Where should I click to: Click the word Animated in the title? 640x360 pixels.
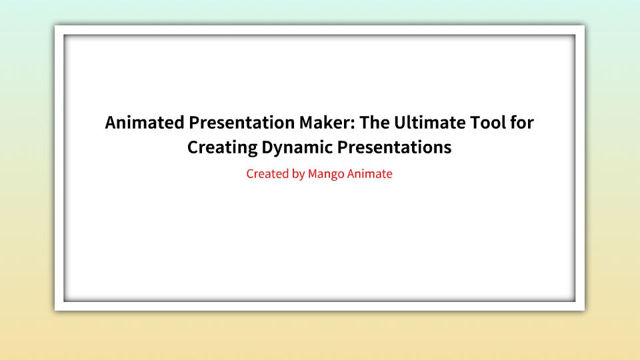tap(145, 123)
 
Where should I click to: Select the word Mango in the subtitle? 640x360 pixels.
tap(327, 175)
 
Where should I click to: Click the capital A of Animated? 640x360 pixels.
tap(111, 123)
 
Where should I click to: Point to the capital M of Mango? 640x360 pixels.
tap(313, 174)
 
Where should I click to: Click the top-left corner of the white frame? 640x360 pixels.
tap(56, 27)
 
